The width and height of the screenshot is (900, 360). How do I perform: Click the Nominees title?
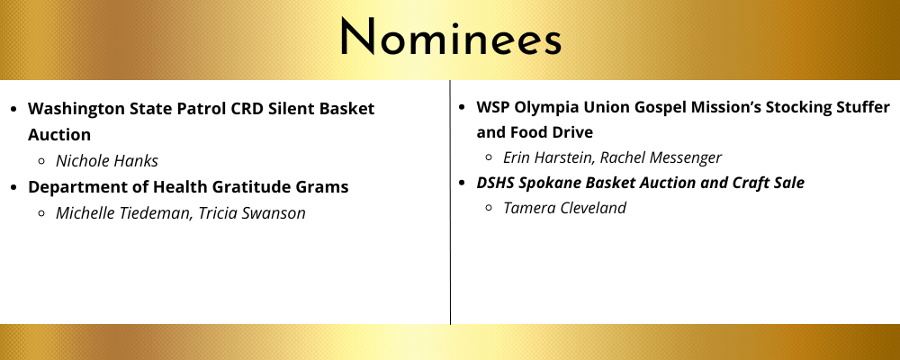[451, 37]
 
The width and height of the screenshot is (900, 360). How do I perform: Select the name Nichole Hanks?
[107, 161]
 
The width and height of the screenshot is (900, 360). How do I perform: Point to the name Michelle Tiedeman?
[124, 213]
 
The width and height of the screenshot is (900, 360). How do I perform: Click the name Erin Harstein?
[547, 157]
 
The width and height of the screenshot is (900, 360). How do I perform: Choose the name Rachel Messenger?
[661, 157]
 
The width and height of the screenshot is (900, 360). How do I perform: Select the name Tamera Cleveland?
[564, 208]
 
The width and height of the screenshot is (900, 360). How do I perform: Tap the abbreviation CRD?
[247, 109]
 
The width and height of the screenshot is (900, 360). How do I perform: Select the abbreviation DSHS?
[495, 183]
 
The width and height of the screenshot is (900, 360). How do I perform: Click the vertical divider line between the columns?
[451, 202]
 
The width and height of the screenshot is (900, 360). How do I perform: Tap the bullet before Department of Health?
[15, 188]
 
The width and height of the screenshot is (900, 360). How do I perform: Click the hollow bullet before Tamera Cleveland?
[489, 209]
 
